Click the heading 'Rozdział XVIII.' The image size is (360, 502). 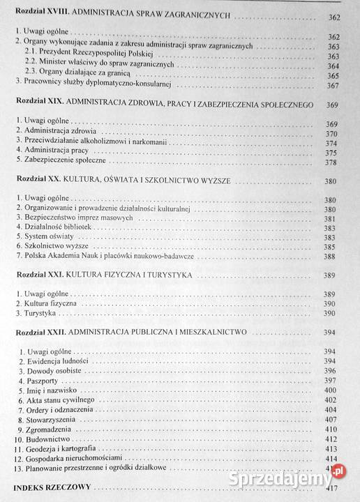coord(43,15)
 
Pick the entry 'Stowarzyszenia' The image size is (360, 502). coord(54,420)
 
